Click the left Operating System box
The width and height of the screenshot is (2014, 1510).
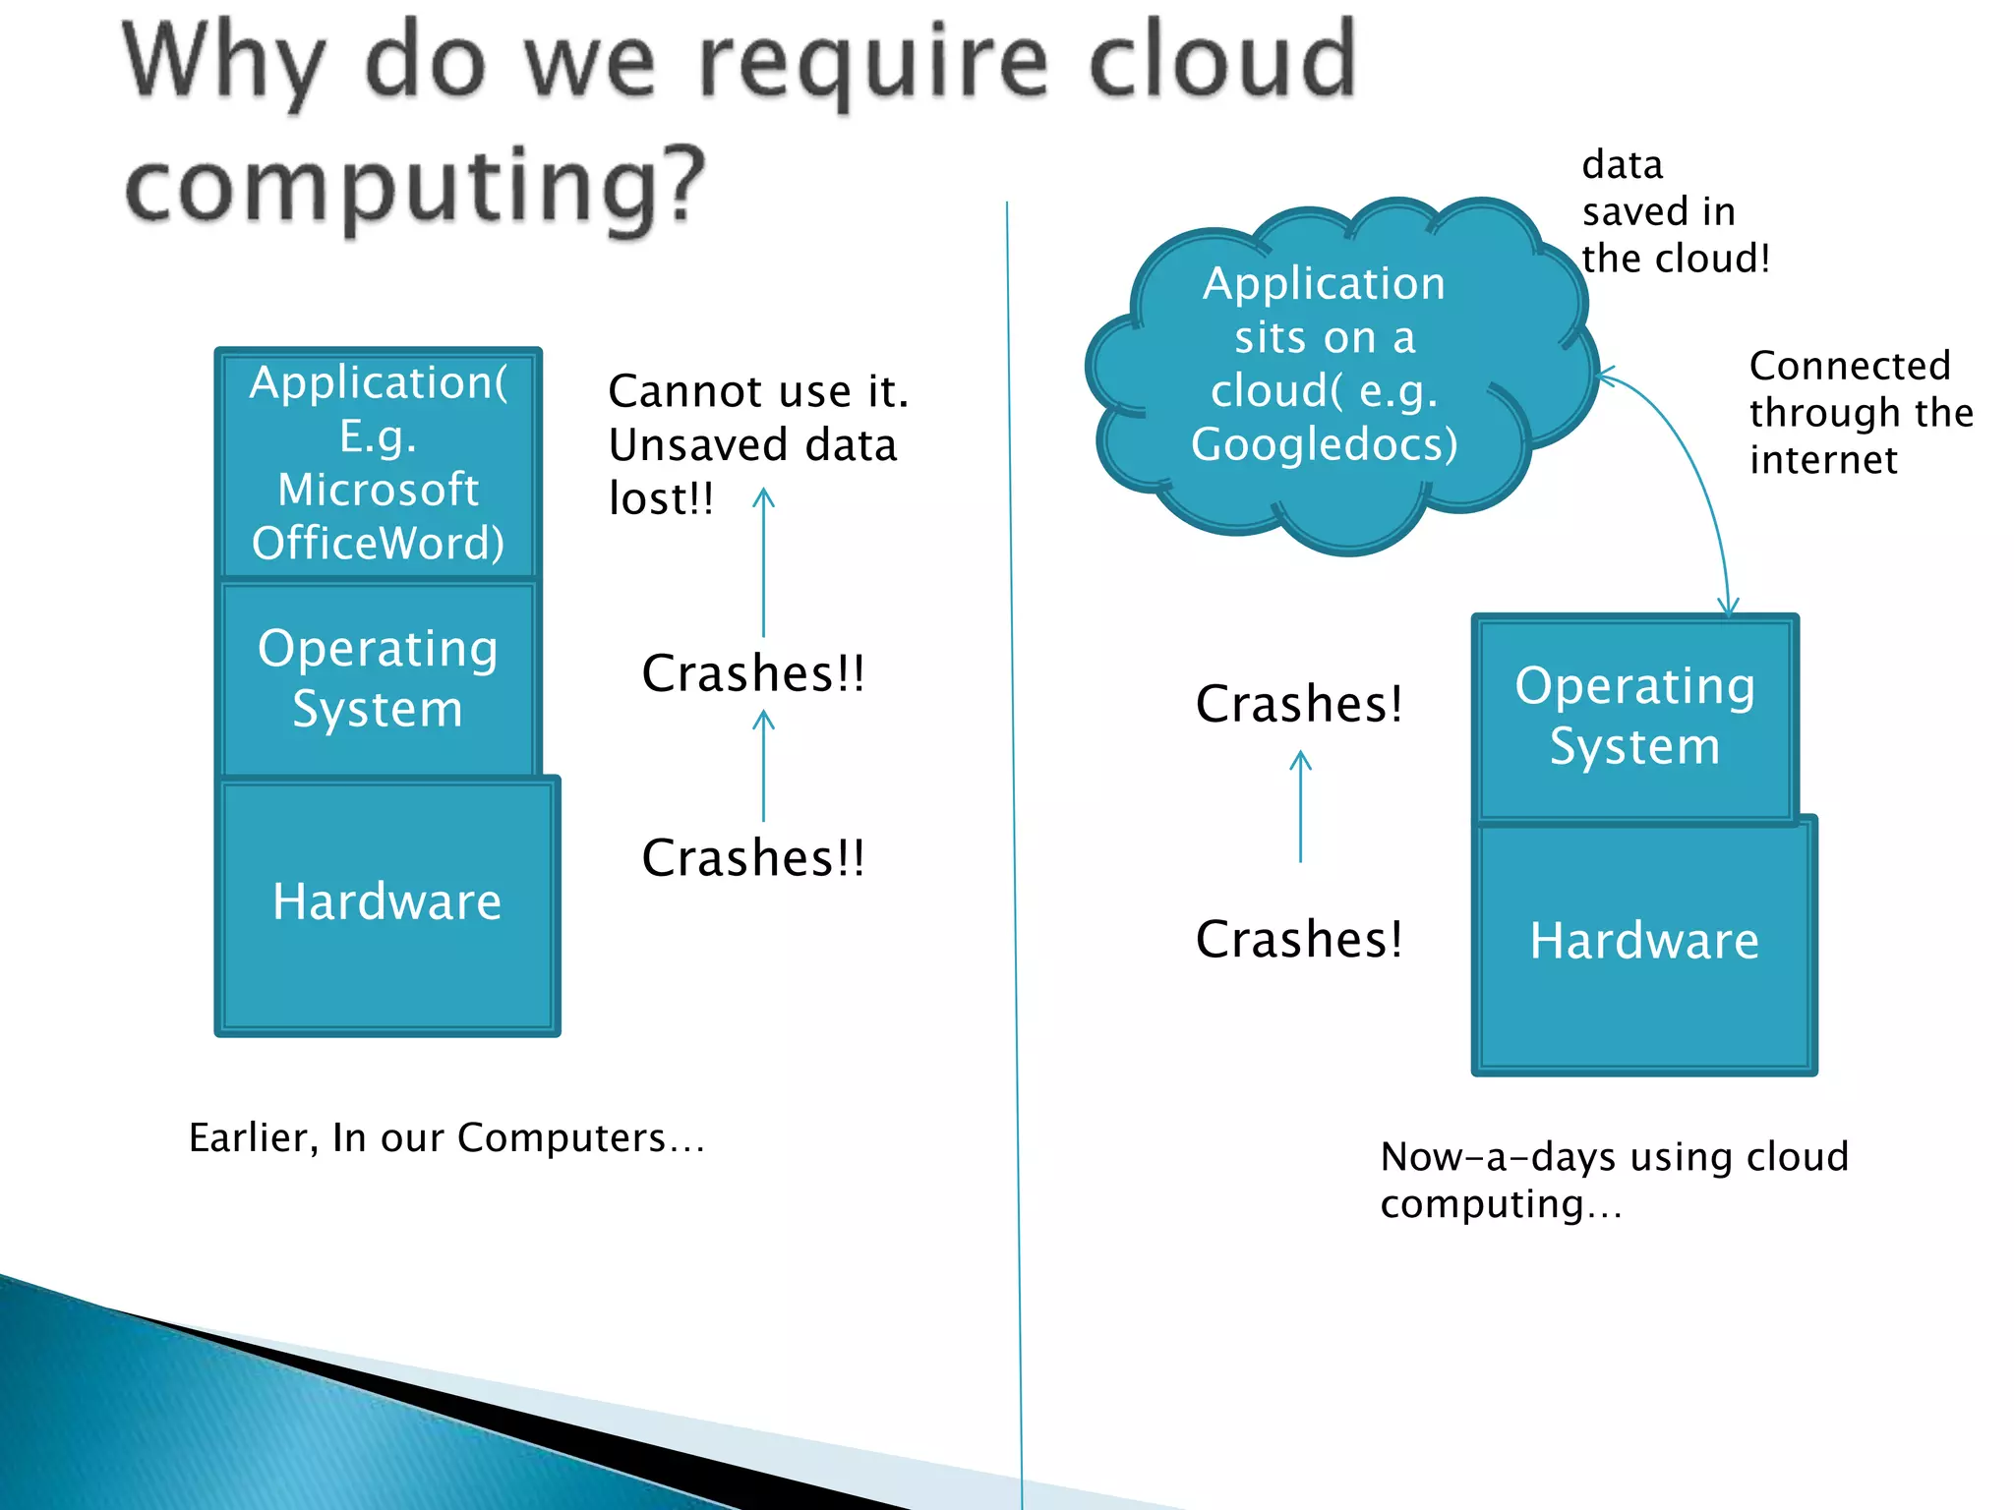378,678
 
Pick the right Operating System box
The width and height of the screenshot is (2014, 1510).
1634,716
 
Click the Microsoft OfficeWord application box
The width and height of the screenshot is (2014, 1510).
378,462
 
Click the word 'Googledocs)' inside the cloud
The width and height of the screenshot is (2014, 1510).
1324,444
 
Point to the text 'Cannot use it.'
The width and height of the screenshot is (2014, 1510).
757,391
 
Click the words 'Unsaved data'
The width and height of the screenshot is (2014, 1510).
752,444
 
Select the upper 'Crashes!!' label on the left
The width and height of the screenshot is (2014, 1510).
752,673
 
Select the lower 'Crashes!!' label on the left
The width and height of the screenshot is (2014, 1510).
752,857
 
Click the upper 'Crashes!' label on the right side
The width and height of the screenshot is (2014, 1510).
1299,704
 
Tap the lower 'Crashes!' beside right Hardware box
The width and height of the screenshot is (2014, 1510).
1299,939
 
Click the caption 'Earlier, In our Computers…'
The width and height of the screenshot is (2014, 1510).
446,1137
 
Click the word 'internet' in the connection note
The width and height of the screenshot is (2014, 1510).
1822,460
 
